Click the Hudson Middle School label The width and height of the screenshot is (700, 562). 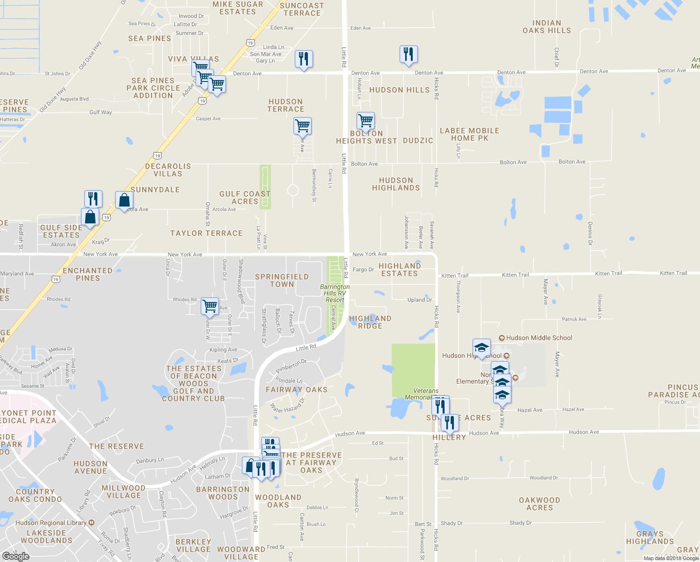539,338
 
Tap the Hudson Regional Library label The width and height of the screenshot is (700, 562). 51,523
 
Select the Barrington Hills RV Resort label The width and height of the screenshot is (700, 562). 335,293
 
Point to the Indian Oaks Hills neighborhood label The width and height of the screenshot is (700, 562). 547,27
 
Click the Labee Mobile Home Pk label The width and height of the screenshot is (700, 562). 469,134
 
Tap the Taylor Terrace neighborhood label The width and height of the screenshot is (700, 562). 206,233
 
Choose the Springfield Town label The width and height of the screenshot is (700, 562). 282,281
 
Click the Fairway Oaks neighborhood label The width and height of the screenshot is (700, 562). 297,390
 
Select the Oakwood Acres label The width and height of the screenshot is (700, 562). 540,504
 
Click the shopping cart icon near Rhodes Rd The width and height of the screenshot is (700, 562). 210,306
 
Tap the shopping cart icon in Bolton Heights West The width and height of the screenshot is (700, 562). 365,121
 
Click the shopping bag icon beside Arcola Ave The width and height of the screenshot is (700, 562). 124,200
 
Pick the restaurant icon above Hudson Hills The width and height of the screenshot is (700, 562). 408,54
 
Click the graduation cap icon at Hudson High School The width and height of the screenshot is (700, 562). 481,348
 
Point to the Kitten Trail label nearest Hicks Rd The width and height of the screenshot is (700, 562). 454,275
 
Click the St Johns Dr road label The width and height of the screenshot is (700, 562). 57,74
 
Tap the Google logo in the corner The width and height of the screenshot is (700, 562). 16,556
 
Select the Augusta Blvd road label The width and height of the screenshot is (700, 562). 74,99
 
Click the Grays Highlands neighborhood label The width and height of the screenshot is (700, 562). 650,538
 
